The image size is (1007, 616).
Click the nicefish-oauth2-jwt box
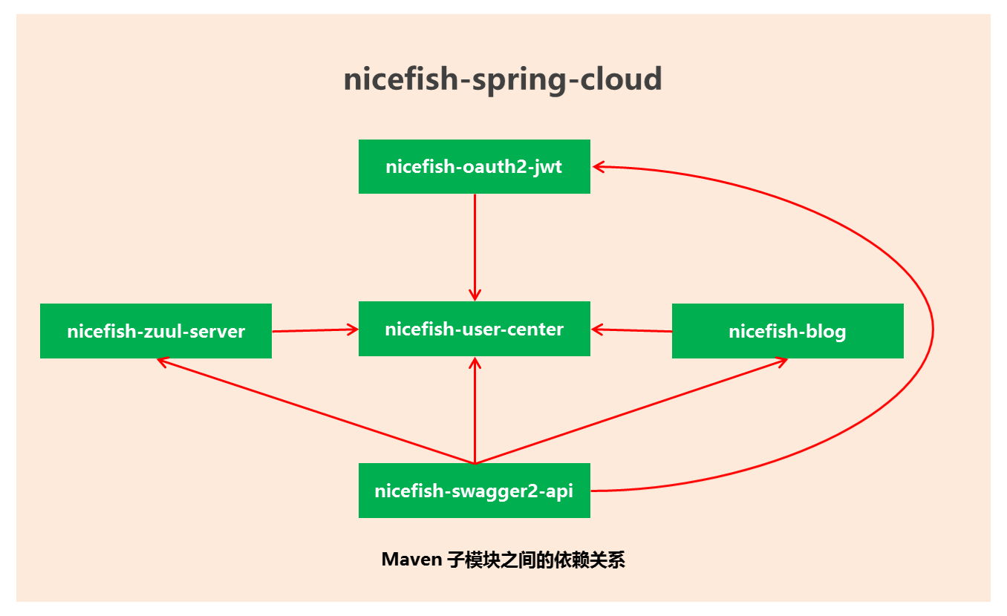click(474, 166)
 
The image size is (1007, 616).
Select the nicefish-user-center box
click(474, 329)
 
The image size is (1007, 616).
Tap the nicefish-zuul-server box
click(156, 331)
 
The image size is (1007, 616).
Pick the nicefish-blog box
click(787, 331)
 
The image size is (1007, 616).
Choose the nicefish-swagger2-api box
click(474, 491)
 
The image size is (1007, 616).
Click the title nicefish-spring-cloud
click(503, 79)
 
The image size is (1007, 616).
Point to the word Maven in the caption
click(411, 560)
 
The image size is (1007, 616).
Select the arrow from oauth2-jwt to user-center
click(475, 245)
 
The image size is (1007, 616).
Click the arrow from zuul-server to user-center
click(316, 330)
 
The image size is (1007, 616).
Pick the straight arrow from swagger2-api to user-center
click(475, 412)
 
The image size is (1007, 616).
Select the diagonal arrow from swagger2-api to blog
click(631, 411)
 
